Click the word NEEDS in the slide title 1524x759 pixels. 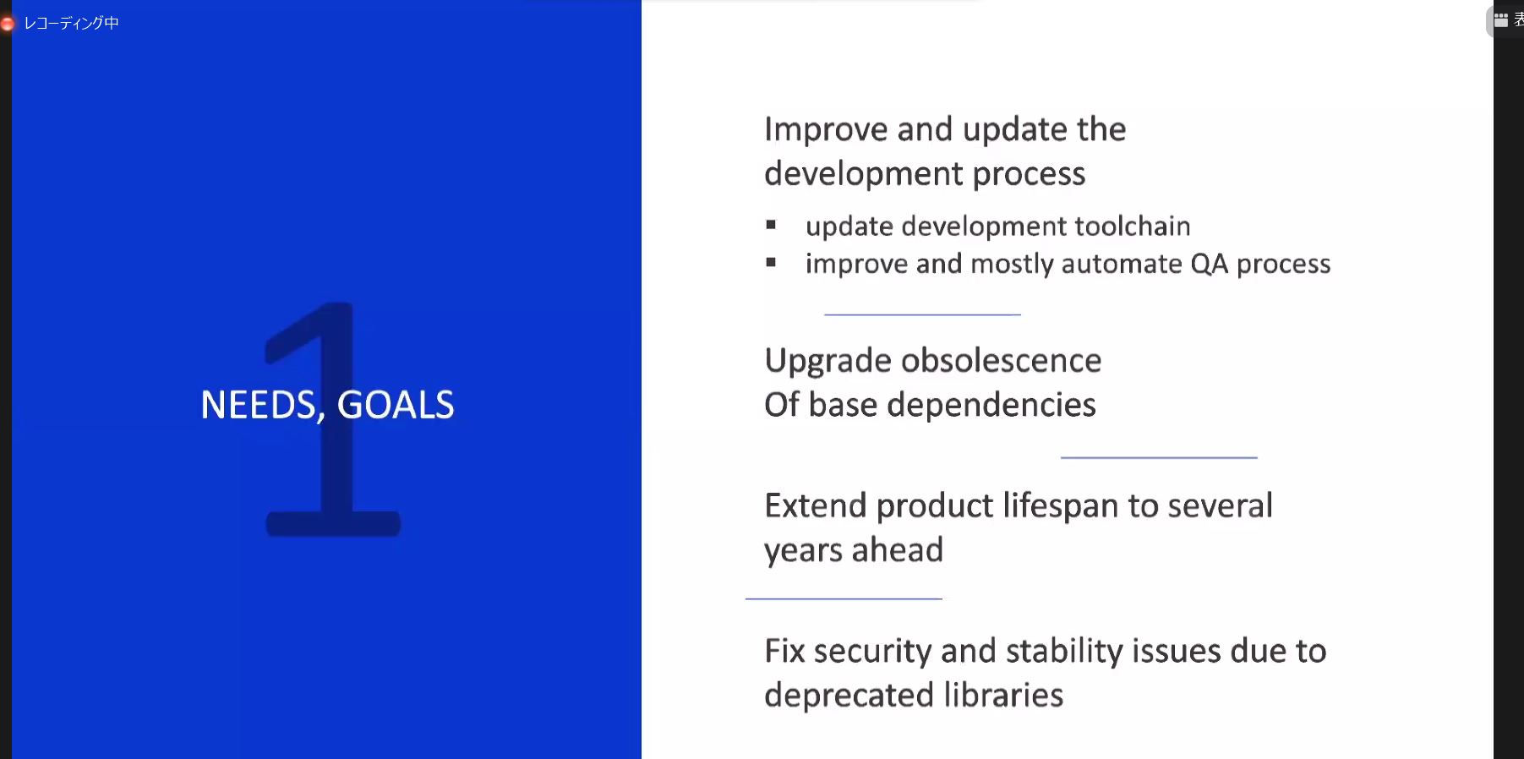pyautogui.click(x=259, y=405)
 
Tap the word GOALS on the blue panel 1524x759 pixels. pyautogui.click(x=396, y=405)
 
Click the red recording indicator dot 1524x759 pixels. pyautogui.click(x=7, y=24)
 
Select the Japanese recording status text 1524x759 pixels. pyautogui.click(x=71, y=23)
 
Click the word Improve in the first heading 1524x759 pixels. pyautogui.click(x=826, y=130)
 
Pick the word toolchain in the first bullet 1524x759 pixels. pyautogui.click(x=1132, y=226)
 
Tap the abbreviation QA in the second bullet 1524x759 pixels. pyautogui.click(x=1209, y=264)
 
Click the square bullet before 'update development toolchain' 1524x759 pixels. pyautogui.click(x=771, y=225)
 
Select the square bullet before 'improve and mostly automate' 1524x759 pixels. pyautogui.click(x=771, y=263)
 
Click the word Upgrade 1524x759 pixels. pyautogui.click(x=828, y=362)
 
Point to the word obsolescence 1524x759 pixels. pyautogui.click(x=1001, y=361)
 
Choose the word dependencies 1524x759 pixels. pyautogui.click(x=991, y=406)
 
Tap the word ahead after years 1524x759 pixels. pyautogui.click(x=897, y=550)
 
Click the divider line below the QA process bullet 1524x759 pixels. pyautogui.click(x=922, y=314)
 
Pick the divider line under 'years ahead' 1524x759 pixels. pyautogui.click(x=844, y=598)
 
